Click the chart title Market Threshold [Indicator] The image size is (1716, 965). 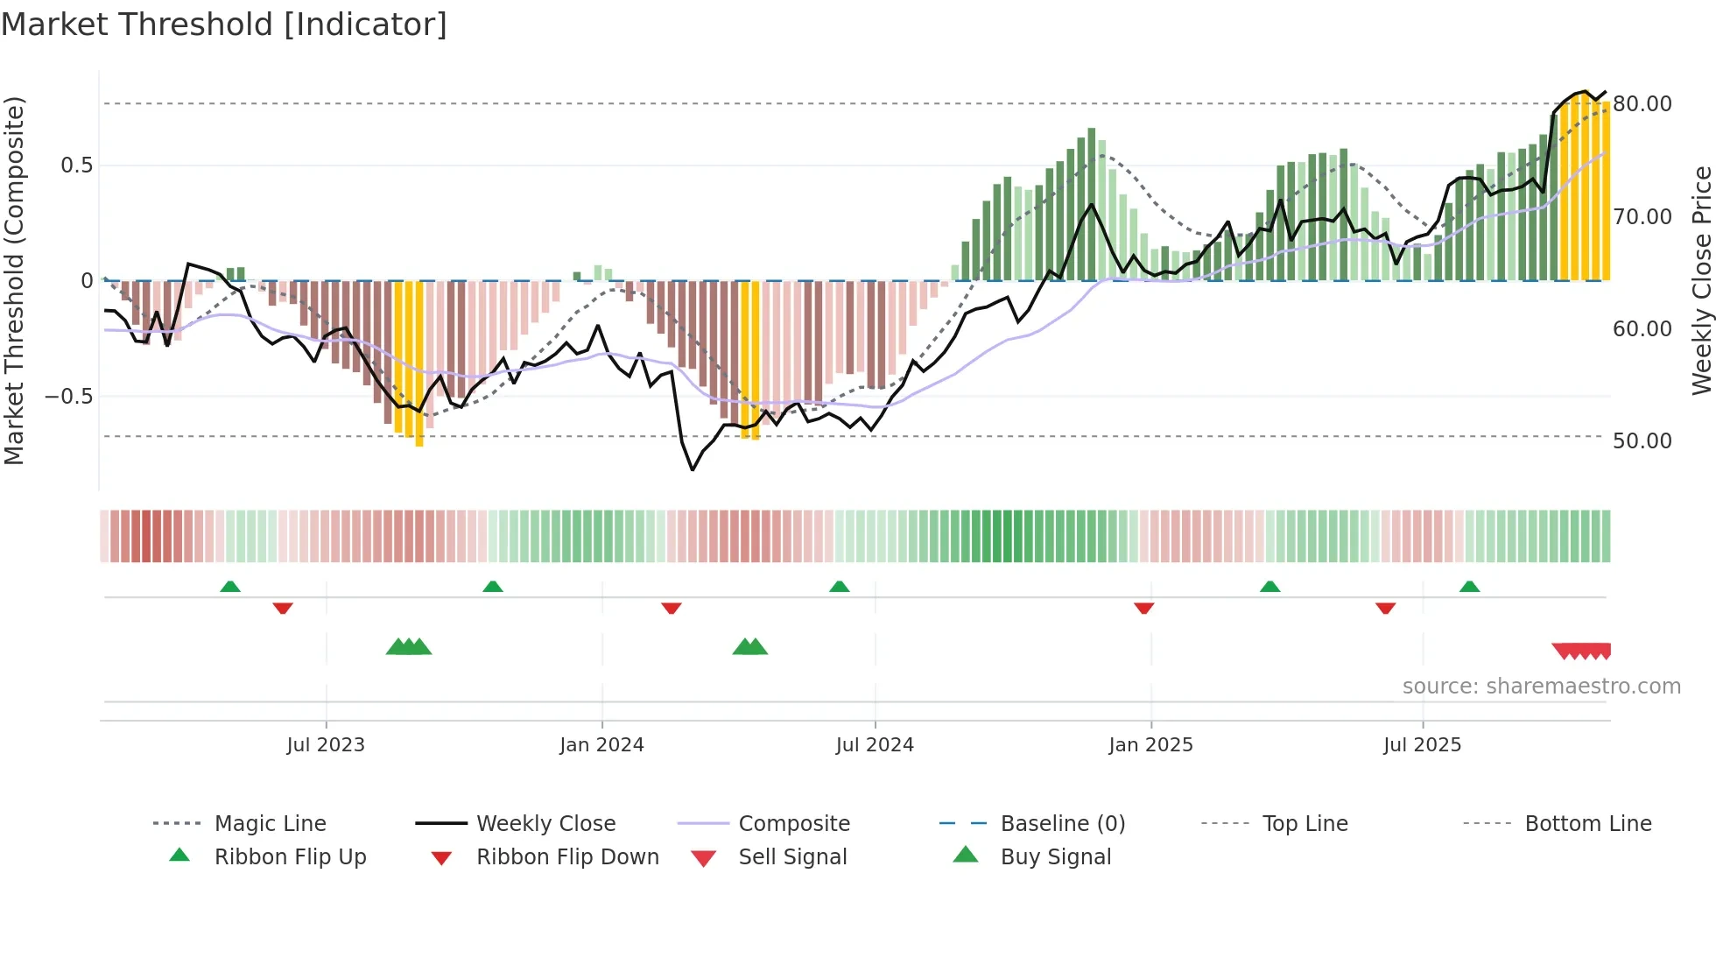224,25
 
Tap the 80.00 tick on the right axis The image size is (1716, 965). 1642,104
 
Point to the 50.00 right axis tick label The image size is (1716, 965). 1642,441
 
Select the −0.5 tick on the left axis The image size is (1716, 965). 68,397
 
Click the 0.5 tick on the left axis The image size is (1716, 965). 76,166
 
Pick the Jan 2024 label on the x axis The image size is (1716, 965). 601,745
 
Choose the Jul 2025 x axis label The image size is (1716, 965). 1422,745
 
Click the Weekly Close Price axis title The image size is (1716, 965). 1701,280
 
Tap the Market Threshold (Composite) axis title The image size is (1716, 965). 14,280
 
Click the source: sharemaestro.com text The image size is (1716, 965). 1541,687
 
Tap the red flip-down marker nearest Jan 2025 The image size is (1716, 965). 1143,608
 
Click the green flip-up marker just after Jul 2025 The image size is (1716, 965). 1469,587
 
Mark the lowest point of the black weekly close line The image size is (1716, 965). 693,470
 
